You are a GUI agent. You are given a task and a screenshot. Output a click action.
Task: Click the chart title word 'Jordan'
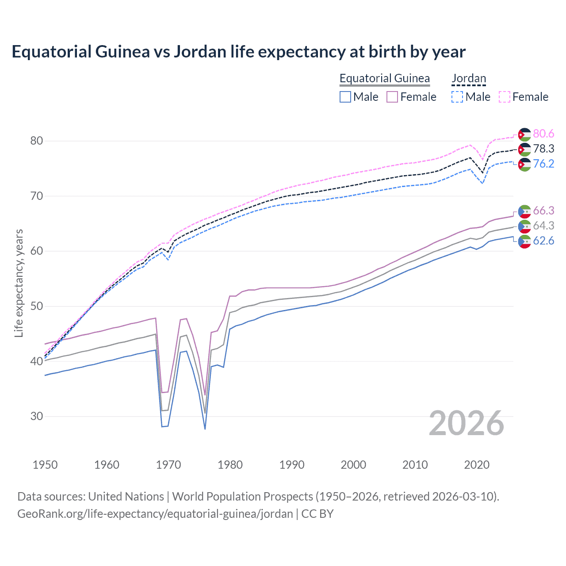coord(200,52)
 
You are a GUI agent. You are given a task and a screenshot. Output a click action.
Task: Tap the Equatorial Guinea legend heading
coord(384,78)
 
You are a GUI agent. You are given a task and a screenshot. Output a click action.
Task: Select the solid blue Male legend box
coord(345,97)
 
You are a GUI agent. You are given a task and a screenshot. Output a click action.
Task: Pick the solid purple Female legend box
coord(392,97)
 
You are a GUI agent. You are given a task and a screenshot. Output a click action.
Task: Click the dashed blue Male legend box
coord(457,97)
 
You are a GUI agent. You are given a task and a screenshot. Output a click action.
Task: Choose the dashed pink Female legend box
coord(505,97)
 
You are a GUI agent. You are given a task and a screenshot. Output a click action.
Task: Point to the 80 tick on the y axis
coord(37,141)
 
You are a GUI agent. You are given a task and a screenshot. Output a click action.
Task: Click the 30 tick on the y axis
coord(37,417)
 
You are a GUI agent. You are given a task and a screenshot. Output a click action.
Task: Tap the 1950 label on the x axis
coord(45,465)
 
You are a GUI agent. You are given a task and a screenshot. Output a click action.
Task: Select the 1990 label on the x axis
coord(292,465)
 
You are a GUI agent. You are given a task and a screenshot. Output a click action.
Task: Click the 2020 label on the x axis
coord(477,465)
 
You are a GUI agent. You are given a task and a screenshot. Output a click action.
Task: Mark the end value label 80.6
coord(543,134)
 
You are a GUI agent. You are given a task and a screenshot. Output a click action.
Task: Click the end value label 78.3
coord(543,149)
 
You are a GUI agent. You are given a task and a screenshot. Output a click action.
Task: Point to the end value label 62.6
coord(543,241)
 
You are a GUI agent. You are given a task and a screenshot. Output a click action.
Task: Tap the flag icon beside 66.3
coord(524,211)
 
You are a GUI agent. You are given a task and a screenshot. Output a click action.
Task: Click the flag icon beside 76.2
coord(524,164)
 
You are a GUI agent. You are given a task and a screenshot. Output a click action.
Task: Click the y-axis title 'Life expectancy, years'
coord(19,283)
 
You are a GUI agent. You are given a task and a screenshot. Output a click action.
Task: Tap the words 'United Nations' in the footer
coord(126,497)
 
